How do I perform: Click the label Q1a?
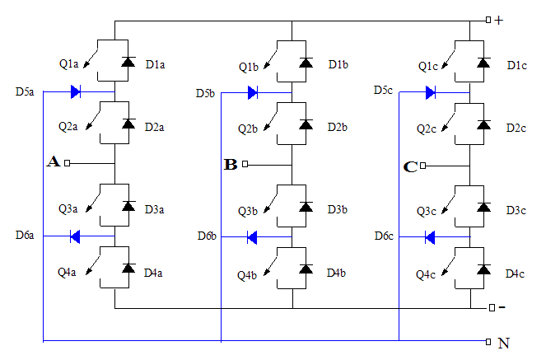[x=69, y=64]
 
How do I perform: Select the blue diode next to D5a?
[x=76, y=92]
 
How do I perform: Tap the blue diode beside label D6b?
[x=253, y=237]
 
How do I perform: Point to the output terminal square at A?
[x=68, y=163]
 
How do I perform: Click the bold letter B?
[x=231, y=165]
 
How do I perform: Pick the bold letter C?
[x=410, y=166]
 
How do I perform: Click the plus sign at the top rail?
[x=499, y=20]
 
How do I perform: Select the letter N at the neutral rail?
[x=503, y=343]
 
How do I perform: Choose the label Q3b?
[x=249, y=211]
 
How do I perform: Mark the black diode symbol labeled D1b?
[x=306, y=63]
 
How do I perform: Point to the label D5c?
[x=385, y=90]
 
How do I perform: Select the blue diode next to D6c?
[x=431, y=237]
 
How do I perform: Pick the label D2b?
[x=337, y=127]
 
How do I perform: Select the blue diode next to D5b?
[x=253, y=92]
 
